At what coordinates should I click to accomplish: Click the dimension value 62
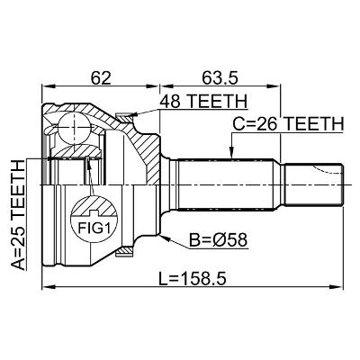tap(101, 78)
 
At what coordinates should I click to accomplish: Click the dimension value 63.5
tap(220, 78)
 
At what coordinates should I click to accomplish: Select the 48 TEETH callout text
tap(203, 101)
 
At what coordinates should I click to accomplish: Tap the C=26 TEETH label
tap(288, 124)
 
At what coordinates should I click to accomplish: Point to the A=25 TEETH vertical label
tap(18, 215)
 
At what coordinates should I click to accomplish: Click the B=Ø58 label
tap(219, 240)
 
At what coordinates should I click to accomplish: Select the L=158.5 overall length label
tap(193, 279)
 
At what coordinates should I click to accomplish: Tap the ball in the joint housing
tap(74, 128)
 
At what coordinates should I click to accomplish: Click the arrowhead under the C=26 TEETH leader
tap(231, 153)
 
